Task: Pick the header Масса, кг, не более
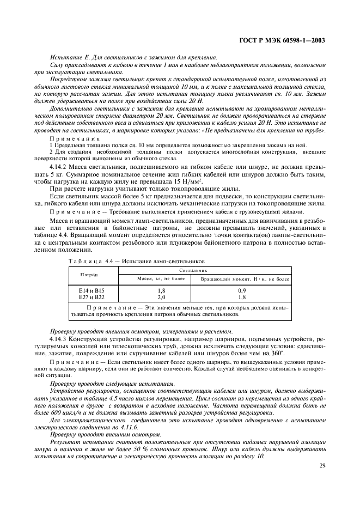pos(161,279)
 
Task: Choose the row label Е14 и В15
pos(91,291)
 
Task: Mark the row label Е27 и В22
pos(91,297)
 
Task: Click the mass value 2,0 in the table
pos(161,297)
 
